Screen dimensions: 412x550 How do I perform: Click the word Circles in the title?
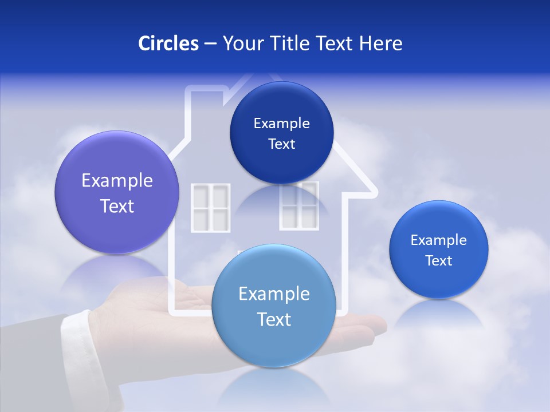pos(168,43)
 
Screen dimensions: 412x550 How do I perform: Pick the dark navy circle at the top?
pos(281,133)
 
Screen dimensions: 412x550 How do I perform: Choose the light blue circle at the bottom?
pos(274,306)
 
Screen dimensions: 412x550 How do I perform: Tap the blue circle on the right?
pos(439,249)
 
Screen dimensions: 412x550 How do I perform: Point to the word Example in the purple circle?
pos(117,181)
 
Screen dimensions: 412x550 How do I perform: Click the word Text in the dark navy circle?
pos(281,144)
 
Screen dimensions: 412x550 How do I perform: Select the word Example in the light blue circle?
pos(274,294)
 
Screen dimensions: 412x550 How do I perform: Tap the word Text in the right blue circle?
pos(439,261)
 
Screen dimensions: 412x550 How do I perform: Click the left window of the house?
pos(210,208)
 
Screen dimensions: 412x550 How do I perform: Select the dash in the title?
pos(210,44)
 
